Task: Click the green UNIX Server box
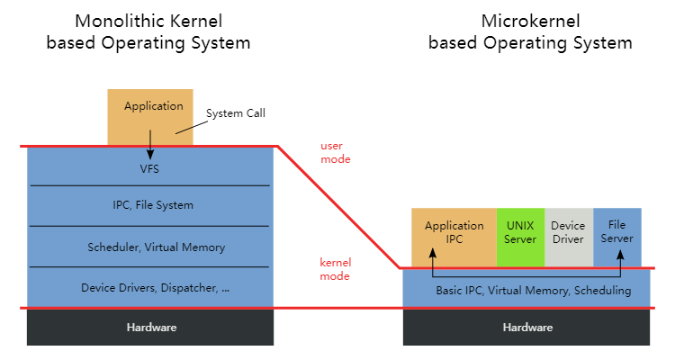(520, 238)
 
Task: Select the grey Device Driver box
(569, 238)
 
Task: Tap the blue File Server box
(617, 238)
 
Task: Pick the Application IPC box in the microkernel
(454, 238)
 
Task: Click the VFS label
(149, 169)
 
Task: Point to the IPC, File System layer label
(153, 205)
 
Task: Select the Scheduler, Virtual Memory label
(157, 247)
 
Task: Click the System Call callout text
(236, 113)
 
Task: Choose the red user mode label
(336, 152)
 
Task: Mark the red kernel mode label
(336, 269)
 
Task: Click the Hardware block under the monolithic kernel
(150, 328)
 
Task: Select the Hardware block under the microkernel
(526, 328)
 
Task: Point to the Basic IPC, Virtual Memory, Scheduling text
(534, 291)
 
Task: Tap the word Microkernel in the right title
(530, 21)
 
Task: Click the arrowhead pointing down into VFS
(150, 154)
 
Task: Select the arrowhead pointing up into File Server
(620, 255)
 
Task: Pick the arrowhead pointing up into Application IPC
(433, 253)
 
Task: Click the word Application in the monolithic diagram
(154, 106)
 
